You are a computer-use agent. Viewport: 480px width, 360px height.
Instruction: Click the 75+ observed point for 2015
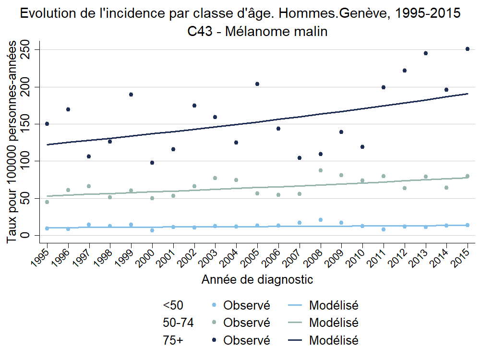[x=468, y=49]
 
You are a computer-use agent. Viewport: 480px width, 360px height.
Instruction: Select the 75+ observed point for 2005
[x=257, y=84]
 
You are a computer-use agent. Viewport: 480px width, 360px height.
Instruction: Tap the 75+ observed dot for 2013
[x=426, y=53]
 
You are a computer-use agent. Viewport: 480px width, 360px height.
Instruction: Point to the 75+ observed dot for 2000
[x=152, y=163]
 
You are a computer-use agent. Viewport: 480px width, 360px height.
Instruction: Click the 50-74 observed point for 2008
[x=321, y=170]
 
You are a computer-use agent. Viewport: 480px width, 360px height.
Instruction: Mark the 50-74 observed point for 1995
[x=47, y=202]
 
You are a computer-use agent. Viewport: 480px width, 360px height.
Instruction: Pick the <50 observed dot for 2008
[x=321, y=220]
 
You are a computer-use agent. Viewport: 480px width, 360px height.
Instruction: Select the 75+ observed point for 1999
[x=131, y=95]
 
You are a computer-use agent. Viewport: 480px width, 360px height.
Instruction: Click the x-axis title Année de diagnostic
[x=257, y=279]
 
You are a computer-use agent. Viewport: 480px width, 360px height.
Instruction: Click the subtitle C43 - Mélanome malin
[x=257, y=32]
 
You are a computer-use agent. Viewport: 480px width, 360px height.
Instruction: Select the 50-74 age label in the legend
[x=178, y=323]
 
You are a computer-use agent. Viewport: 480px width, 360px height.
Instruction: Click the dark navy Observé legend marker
[x=214, y=340]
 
